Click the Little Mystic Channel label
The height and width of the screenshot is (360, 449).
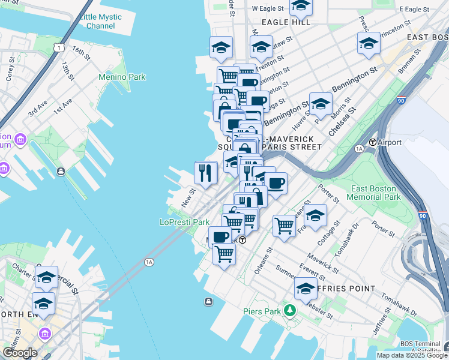pos(100,21)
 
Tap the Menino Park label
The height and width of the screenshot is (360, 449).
pos(122,77)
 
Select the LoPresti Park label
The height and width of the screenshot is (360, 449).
pos(184,222)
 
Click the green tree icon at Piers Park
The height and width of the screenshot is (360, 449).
pos(291,310)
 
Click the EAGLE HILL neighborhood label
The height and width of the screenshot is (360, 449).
pos(287,22)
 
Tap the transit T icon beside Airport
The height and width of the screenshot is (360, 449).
pos(373,142)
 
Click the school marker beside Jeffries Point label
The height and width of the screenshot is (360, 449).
pos(306,289)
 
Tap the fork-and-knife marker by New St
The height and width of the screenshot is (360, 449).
pos(205,173)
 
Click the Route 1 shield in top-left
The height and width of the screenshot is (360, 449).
pos(58,47)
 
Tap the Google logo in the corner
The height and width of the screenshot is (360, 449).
pos(20,353)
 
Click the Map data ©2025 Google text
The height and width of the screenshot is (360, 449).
pos(411,355)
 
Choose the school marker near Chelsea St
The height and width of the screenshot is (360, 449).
pos(321,104)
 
